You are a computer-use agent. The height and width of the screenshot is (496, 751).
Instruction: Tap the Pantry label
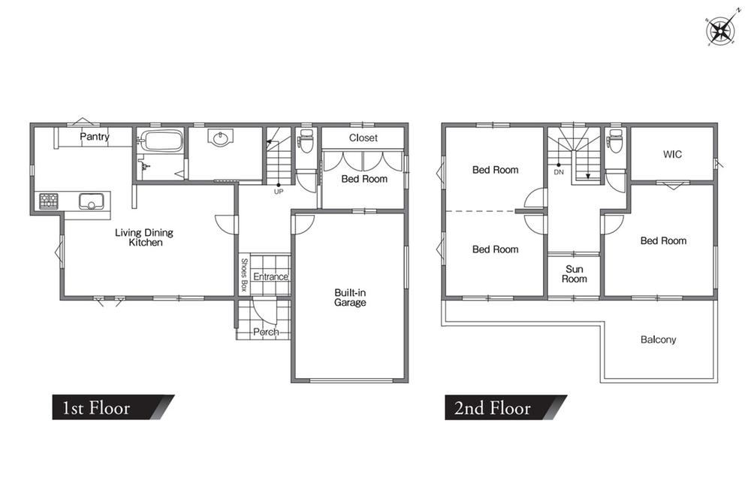pyautogui.click(x=95, y=137)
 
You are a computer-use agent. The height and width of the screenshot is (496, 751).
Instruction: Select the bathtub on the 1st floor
pyautogui.click(x=163, y=141)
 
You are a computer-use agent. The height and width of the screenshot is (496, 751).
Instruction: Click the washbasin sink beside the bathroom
pyautogui.click(x=220, y=138)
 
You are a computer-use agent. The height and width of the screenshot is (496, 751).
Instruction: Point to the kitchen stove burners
pyautogui.click(x=48, y=201)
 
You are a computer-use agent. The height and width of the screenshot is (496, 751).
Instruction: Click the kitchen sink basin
pyautogui.click(x=91, y=201)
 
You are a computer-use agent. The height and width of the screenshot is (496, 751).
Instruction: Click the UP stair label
pyautogui.click(x=279, y=192)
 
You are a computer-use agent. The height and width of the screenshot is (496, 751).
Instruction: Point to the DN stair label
pyautogui.click(x=559, y=172)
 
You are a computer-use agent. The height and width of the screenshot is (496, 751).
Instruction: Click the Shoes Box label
pyautogui.click(x=243, y=275)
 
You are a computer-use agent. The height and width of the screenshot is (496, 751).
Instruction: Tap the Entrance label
pyautogui.click(x=270, y=277)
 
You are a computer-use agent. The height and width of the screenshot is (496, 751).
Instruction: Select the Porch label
pyautogui.click(x=266, y=331)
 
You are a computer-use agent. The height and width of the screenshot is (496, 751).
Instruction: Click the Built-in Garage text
pyautogui.click(x=350, y=298)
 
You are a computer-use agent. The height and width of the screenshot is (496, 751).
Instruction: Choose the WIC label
pyautogui.click(x=672, y=154)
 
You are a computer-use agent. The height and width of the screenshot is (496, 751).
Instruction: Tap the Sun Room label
pyautogui.click(x=575, y=274)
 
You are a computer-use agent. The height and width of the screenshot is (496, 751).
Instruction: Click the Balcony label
pyautogui.click(x=659, y=340)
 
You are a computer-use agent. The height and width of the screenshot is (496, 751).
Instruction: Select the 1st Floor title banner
pyautogui.click(x=113, y=407)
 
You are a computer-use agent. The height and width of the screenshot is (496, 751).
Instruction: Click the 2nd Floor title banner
pyautogui.click(x=505, y=407)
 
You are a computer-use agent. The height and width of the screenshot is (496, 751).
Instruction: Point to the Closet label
pyautogui.click(x=363, y=138)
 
